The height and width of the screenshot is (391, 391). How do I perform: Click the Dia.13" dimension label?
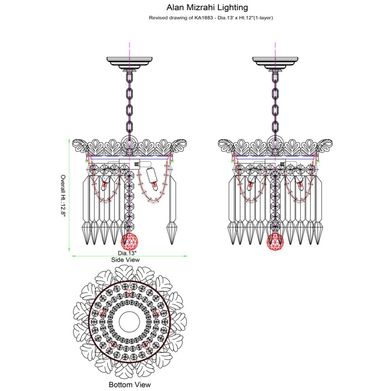(127, 253)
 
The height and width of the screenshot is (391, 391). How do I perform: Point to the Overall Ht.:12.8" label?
(63, 196)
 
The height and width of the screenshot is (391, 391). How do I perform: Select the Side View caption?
(125, 260)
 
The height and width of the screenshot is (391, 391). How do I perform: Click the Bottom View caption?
(130, 379)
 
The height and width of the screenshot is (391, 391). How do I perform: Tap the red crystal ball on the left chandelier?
(129, 242)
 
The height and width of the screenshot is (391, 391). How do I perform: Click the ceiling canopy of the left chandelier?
(130, 64)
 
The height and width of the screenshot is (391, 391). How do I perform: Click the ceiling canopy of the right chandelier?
(275, 64)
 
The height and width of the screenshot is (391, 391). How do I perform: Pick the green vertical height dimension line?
(69, 195)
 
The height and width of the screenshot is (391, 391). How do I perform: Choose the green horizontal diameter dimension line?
(129, 256)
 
